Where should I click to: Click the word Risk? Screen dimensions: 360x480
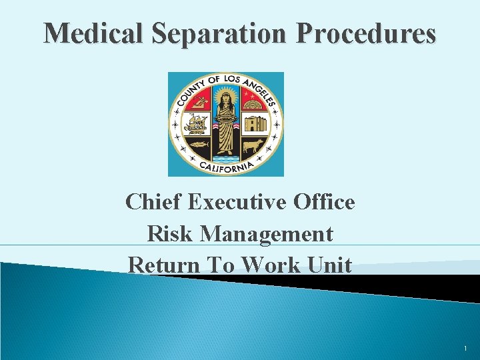click(x=170, y=233)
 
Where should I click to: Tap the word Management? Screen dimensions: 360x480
click(x=267, y=233)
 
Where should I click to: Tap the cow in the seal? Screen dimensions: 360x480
click(x=253, y=146)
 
